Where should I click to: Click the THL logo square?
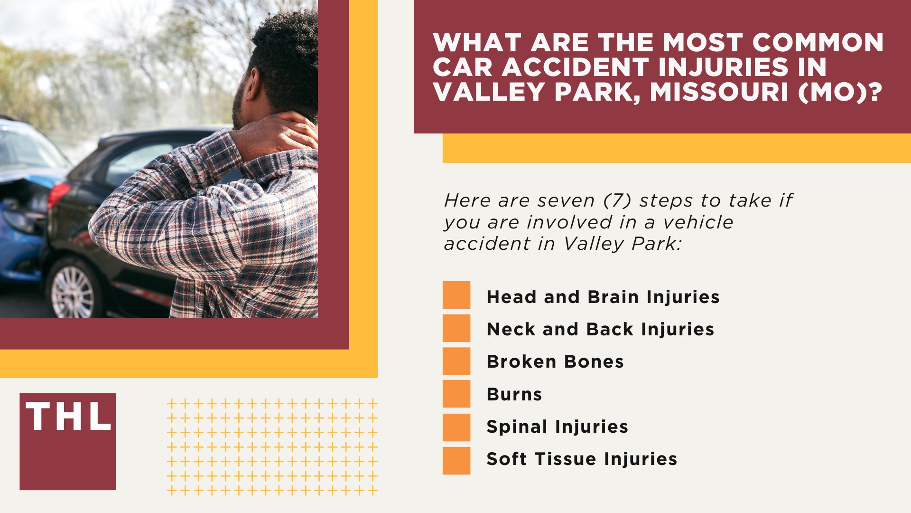click(67, 441)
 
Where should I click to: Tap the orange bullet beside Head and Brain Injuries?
click(456, 295)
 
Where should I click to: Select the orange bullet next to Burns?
click(456, 394)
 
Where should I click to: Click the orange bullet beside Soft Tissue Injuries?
click(456, 460)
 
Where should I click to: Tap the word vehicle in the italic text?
click(698, 222)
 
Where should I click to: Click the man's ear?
click(255, 84)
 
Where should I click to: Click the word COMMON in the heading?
click(818, 43)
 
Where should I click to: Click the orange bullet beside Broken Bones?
click(456, 361)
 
